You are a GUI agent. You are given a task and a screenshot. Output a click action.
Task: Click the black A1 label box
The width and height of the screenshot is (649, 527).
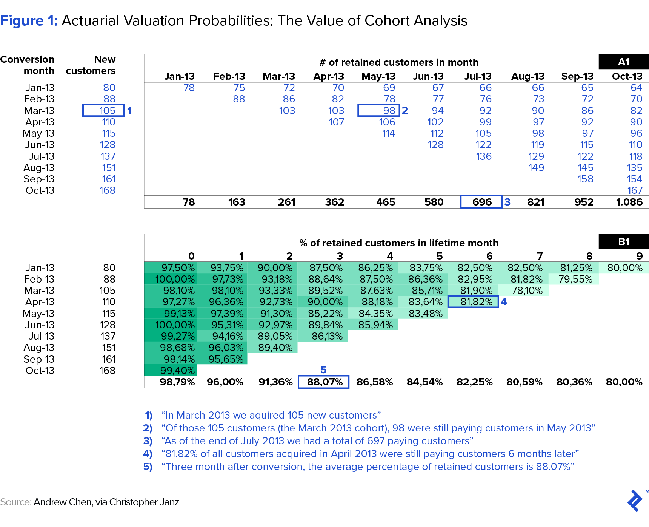(624, 62)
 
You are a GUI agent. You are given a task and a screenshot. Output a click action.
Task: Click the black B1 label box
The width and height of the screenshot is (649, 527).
(624, 241)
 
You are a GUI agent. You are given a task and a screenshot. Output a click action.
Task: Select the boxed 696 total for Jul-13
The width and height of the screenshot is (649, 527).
(481, 202)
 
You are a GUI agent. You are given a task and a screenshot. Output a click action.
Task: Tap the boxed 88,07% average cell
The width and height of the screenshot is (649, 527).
(324, 382)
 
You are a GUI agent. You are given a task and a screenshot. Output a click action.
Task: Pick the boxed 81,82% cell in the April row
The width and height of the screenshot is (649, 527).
(473, 301)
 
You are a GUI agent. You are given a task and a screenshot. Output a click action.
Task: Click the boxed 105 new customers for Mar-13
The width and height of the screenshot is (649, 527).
(103, 110)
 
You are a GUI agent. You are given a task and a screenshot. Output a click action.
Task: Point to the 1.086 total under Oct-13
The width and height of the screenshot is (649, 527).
(629, 202)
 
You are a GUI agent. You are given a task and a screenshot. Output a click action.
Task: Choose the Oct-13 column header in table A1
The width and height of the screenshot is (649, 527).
(627, 76)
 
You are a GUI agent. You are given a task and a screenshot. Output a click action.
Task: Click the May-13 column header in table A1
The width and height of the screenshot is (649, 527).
(378, 76)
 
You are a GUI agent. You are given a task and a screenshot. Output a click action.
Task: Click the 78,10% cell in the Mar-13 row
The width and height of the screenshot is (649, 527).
(527, 291)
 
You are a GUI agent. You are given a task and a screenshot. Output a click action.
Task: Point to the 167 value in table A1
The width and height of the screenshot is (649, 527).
(635, 190)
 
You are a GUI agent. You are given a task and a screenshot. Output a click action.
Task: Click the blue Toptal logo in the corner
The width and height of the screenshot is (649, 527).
(635, 500)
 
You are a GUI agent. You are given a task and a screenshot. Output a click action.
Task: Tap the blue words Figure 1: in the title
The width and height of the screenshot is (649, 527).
(29, 21)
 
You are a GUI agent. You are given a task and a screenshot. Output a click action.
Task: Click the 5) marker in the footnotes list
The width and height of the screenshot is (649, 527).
(148, 467)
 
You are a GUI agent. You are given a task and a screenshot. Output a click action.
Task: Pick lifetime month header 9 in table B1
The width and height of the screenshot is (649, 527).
(639, 256)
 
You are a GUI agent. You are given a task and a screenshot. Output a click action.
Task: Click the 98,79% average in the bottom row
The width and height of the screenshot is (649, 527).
(177, 382)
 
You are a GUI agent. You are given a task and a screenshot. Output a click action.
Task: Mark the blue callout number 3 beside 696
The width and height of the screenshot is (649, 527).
(508, 202)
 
